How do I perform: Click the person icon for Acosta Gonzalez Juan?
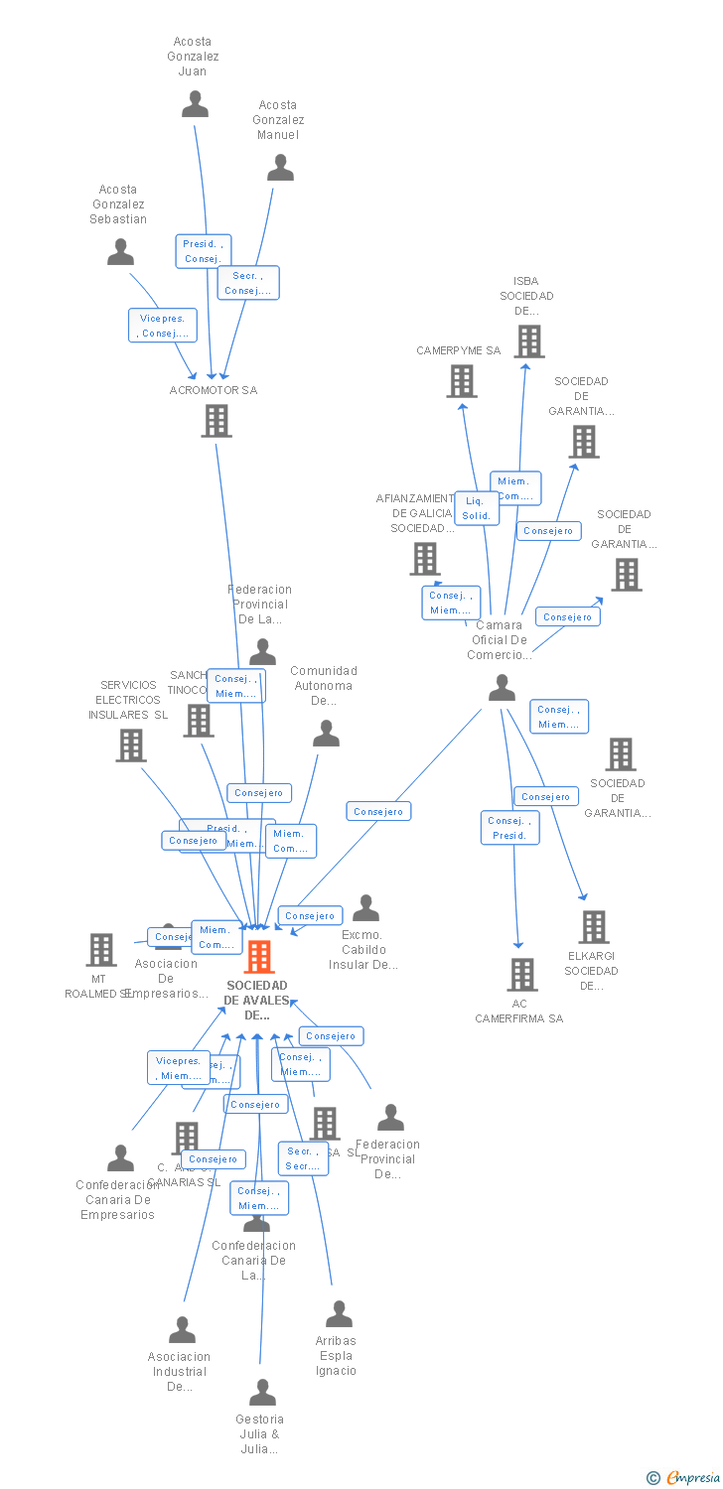pyautogui.click(x=195, y=104)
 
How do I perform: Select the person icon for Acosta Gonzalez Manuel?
pyautogui.click(x=280, y=168)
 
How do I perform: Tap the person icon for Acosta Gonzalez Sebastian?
pyautogui.click(x=120, y=252)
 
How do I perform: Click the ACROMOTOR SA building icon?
pyautogui.click(x=216, y=421)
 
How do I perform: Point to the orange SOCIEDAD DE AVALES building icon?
pyautogui.click(x=259, y=957)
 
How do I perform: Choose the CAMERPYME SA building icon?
pyautogui.click(x=461, y=381)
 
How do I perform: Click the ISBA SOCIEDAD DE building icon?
pyautogui.click(x=529, y=341)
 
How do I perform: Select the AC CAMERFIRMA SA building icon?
pyautogui.click(x=522, y=975)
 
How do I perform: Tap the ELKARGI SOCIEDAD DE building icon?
pyautogui.click(x=593, y=927)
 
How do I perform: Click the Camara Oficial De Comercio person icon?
pyautogui.click(x=502, y=688)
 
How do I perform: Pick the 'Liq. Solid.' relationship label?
pyautogui.click(x=477, y=508)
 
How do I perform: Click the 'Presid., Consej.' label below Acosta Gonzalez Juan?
pyautogui.click(x=204, y=251)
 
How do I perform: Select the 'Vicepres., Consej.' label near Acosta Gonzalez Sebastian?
pyautogui.click(x=163, y=326)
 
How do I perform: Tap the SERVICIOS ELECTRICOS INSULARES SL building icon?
pyautogui.click(x=131, y=745)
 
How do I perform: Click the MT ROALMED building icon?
pyautogui.click(x=100, y=950)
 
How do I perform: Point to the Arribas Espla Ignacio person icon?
pyautogui.click(x=339, y=1314)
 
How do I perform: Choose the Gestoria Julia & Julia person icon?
pyautogui.click(x=262, y=1393)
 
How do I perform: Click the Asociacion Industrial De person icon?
pyautogui.click(x=182, y=1330)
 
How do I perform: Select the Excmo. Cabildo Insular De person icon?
pyautogui.click(x=365, y=908)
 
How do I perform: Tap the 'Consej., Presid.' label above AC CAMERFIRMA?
pyautogui.click(x=510, y=828)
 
